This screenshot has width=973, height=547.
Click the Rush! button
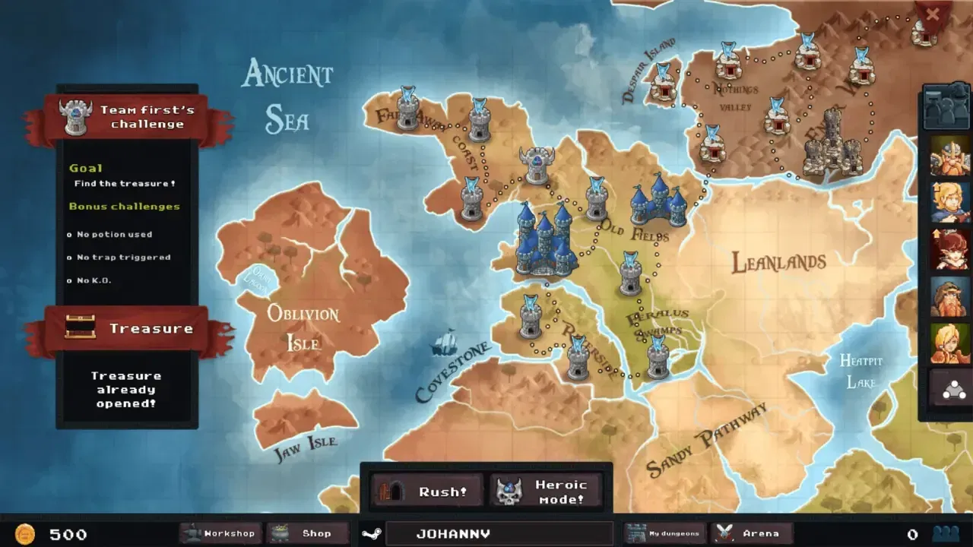[427, 491]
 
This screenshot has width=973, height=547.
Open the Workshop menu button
[220, 533]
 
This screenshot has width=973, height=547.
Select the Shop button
[308, 533]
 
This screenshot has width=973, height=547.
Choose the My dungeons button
[666, 533]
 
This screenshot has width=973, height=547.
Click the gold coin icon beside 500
[26, 533]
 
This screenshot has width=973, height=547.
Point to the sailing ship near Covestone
[444, 343]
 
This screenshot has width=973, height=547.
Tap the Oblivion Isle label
[303, 327]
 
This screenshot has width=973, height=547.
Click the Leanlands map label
[778, 263]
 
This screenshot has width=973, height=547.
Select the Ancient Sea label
[287, 96]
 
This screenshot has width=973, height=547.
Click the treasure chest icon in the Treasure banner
[80, 327]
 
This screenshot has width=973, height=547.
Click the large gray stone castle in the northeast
[832, 144]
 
